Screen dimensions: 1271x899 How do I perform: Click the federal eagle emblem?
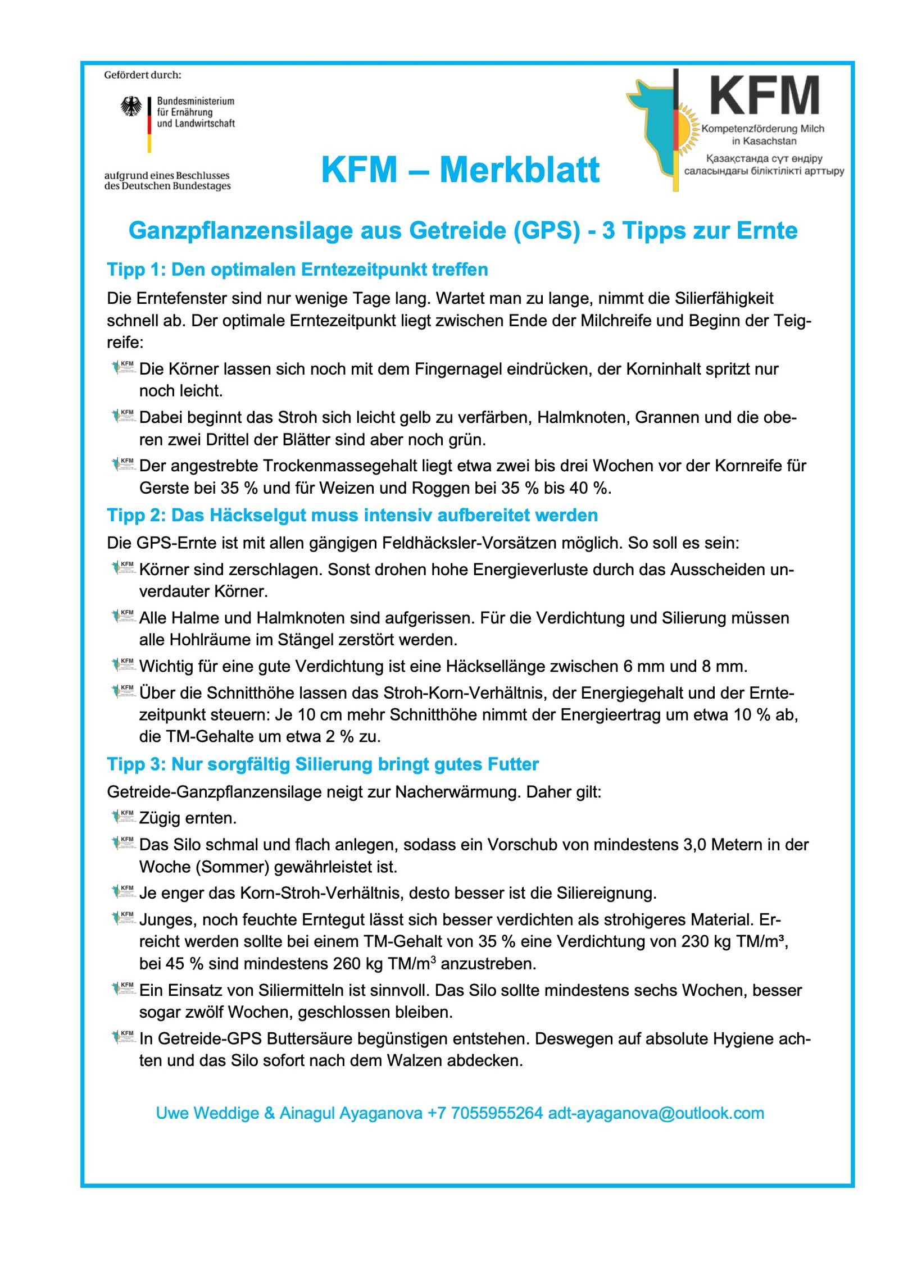coord(131,106)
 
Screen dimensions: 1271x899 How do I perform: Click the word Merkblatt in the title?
coord(519,170)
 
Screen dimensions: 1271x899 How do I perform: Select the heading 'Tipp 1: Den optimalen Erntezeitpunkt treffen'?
coord(297,270)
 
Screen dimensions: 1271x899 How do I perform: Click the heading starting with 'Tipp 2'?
coord(352,515)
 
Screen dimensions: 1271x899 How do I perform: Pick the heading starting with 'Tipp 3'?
coord(323,764)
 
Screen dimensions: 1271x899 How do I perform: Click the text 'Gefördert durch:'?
coord(143,75)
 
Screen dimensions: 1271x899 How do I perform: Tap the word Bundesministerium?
coord(196,101)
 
